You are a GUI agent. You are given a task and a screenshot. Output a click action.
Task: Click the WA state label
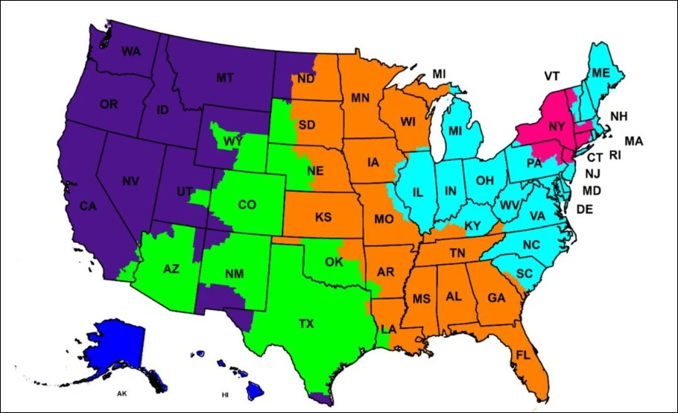click(x=131, y=52)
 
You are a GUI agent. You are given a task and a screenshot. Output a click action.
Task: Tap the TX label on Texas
click(x=305, y=324)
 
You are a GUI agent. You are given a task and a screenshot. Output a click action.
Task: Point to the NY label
click(x=557, y=127)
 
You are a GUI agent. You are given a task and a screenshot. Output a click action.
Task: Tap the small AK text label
click(x=121, y=392)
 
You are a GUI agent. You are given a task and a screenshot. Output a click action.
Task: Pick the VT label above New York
click(x=551, y=76)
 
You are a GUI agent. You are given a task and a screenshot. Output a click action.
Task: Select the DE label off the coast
click(x=585, y=209)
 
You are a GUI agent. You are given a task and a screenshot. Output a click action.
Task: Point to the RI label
click(x=615, y=156)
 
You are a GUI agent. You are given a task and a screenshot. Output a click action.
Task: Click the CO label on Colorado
click(x=246, y=204)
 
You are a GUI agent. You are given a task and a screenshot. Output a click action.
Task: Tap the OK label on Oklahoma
click(x=335, y=262)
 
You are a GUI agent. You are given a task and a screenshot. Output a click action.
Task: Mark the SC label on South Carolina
click(x=525, y=274)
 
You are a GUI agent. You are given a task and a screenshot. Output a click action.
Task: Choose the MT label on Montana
click(x=224, y=78)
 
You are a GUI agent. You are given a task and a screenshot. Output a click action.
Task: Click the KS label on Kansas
click(x=323, y=218)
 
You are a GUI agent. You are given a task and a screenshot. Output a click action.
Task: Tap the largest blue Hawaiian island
click(x=256, y=388)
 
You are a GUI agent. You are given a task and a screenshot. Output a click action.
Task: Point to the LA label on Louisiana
click(x=388, y=330)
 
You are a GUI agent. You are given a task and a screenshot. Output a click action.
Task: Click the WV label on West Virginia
click(x=509, y=205)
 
